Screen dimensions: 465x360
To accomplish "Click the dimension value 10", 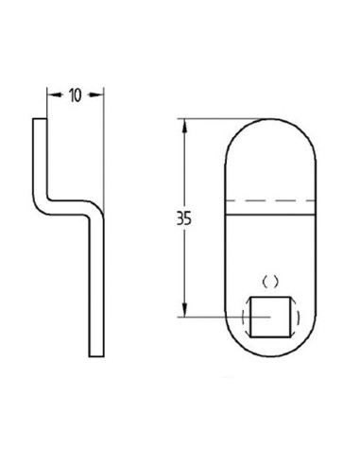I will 75,95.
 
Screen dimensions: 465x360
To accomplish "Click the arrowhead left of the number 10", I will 51,95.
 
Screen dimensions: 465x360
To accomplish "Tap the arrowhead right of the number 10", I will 97,95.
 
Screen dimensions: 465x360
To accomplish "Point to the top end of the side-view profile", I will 41,120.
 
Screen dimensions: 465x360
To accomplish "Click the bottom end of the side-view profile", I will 95,354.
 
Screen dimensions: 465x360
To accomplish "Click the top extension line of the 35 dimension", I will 213,119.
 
